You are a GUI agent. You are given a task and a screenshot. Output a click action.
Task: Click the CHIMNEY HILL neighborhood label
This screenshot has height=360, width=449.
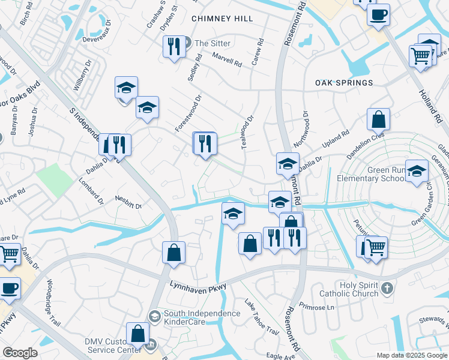[222, 19]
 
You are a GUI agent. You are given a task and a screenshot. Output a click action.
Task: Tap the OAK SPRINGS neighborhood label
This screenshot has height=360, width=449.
[345, 83]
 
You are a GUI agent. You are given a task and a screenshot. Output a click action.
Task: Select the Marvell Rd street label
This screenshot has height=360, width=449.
[228, 59]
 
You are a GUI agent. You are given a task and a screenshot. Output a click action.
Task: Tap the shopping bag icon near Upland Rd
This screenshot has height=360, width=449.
[379, 119]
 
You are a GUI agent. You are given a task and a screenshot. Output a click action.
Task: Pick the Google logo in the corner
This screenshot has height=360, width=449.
[20, 353]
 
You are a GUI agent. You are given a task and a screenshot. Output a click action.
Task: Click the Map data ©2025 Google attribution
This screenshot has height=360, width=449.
[411, 355]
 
